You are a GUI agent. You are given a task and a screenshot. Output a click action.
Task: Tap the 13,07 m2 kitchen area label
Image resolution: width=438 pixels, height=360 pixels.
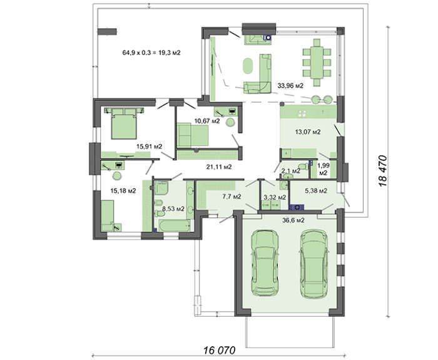308,132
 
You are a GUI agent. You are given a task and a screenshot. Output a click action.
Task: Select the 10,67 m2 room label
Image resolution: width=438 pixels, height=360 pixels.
206,121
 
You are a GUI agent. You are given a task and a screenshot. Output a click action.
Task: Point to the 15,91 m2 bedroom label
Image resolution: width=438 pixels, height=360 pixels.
150,147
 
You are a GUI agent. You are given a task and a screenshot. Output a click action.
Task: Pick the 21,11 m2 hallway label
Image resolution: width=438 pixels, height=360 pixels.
219,167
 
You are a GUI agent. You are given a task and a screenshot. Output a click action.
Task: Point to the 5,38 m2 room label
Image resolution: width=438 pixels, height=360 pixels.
317,192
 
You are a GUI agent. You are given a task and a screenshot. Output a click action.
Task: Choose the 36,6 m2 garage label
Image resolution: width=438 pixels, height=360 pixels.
292,220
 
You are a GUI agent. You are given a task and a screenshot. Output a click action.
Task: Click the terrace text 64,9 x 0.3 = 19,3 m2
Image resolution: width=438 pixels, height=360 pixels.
151,53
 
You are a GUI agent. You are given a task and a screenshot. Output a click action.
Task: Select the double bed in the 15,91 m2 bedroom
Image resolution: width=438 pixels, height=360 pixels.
124,123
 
